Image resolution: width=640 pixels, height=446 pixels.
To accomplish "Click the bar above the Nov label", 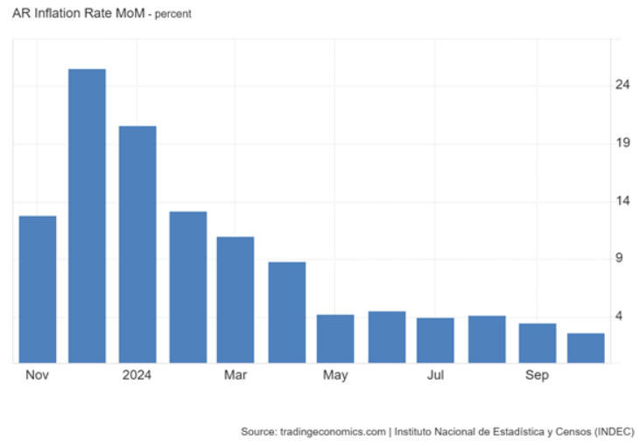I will click(x=38, y=289).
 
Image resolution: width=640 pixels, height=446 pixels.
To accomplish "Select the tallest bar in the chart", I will click(x=88, y=215).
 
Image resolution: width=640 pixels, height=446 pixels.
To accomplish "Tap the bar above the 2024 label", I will click(x=137, y=244).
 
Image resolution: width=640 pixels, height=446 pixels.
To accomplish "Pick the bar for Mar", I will click(x=236, y=299).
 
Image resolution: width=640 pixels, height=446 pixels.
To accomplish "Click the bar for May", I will click(x=335, y=338).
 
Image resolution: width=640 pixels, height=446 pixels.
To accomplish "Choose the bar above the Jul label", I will click(x=435, y=340).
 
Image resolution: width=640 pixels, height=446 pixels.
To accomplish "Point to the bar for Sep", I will click(x=537, y=343).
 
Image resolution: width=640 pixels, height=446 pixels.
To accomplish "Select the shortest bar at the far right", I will click(x=586, y=347).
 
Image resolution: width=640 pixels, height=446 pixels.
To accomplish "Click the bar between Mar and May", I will click(x=286, y=312).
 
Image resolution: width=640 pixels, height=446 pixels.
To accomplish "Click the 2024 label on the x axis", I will click(x=137, y=375).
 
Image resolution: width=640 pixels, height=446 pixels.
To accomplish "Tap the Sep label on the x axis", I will click(x=537, y=375).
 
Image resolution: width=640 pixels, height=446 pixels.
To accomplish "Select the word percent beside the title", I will click(x=174, y=15).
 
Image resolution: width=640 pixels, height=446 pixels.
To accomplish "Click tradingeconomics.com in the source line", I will click(x=334, y=431).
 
